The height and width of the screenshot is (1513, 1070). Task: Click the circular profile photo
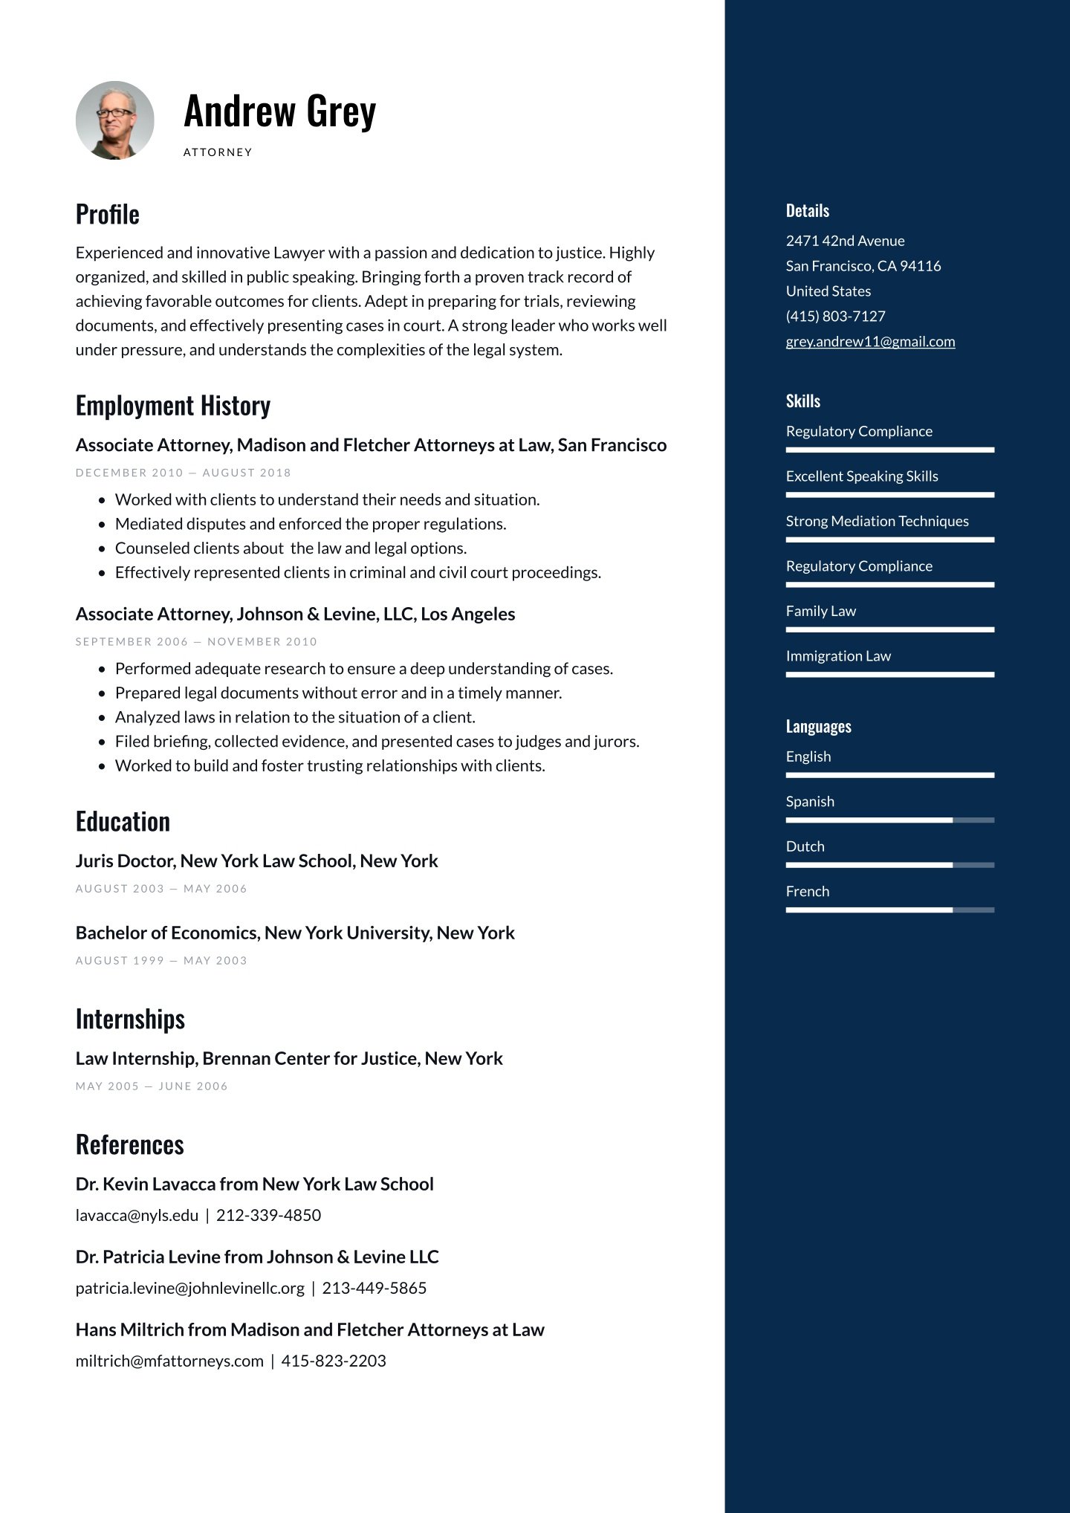pos(114,120)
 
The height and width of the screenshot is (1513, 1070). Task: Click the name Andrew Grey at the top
pos(279,111)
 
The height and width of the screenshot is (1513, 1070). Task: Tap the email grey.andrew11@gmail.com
pos(870,342)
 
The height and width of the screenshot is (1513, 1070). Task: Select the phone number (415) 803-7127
pos(835,317)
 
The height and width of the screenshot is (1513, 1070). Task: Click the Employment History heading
pos(172,406)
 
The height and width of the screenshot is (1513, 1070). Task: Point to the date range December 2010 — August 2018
pos(183,473)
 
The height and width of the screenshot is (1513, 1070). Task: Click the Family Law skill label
pos(820,611)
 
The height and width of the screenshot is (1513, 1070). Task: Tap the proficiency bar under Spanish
pos(889,820)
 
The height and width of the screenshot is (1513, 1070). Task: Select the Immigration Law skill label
pos(837,656)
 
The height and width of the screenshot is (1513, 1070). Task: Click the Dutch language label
pos(805,846)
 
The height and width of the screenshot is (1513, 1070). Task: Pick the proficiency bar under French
pos(889,910)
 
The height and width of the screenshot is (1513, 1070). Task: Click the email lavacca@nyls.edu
pos(137,1216)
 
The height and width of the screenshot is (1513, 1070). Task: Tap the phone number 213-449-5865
pos(374,1289)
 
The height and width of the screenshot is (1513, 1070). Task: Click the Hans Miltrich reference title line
pos(310,1329)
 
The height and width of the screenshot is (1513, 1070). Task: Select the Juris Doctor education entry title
pos(256,861)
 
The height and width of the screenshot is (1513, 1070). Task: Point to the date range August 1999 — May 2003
pos(161,961)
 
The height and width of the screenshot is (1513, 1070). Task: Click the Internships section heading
pos(130,1020)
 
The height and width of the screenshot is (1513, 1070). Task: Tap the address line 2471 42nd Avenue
pos(845,241)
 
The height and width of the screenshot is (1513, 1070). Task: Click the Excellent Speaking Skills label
pos(862,476)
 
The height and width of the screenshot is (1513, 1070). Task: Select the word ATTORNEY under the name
pos(218,152)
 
